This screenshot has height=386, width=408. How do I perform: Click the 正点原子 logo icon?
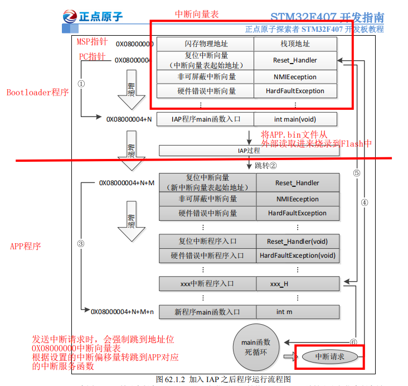pyautogui.click(x=72, y=17)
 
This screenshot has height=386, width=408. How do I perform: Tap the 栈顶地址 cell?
pyautogui.click(x=295, y=44)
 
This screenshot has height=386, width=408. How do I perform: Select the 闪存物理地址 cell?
pyautogui.click(x=205, y=44)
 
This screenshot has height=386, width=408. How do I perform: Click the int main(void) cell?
pyautogui.click(x=295, y=119)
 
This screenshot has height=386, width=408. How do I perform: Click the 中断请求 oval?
pyautogui.click(x=330, y=356)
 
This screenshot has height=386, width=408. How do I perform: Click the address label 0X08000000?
pyautogui.click(x=134, y=44)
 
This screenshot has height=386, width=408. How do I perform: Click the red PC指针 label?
pyautogui.click(x=92, y=57)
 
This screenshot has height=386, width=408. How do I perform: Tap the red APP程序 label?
pyautogui.click(x=26, y=246)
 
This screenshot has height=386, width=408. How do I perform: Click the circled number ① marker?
pyautogui.click(x=81, y=84)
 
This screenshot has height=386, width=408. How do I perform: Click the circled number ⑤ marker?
pyautogui.click(x=357, y=173)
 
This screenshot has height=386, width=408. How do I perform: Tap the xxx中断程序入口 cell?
pyautogui.click(x=207, y=283)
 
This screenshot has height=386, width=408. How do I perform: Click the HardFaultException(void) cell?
pyautogui.click(x=298, y=255)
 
